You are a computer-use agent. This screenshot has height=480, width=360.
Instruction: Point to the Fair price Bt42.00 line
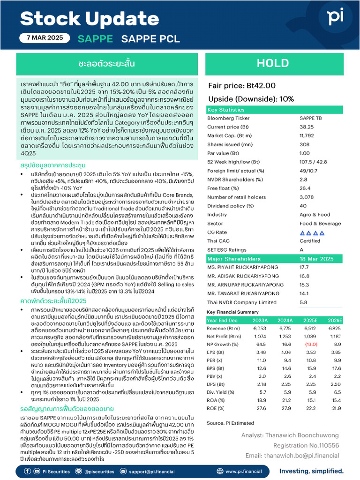click(x=242, y=85)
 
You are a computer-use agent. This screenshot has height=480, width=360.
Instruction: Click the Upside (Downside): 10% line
click(x=251, y=99)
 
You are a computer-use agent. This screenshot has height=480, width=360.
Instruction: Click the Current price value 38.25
click(x=307, y=127)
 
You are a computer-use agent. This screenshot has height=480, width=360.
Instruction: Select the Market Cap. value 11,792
click(x=307, y=136)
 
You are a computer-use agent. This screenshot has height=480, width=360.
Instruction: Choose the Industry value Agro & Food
click(x=315, y=214)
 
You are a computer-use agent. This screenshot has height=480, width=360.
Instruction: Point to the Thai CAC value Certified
click(x=310, y=241)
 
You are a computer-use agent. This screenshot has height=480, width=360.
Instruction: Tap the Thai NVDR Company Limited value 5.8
click(x=303, y=302)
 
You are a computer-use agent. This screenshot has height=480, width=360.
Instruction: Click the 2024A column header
click(x=285, y=320)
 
